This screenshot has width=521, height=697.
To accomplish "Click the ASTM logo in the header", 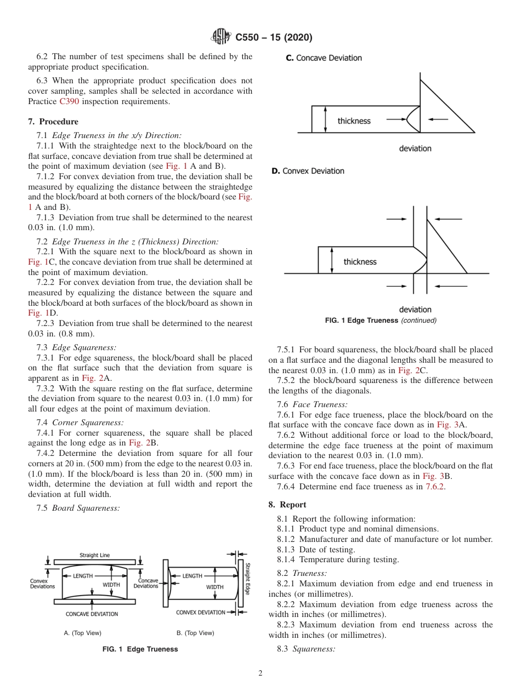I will click(222, 37).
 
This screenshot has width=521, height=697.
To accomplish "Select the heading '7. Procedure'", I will click(53, 122).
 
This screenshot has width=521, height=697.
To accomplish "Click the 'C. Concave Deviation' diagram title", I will click(324, 58).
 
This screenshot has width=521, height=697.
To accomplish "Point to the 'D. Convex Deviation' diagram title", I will click(308, 171).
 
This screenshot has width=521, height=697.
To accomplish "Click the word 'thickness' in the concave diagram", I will click(354, 121).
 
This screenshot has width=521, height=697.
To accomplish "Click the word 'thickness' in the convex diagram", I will click(360, 262).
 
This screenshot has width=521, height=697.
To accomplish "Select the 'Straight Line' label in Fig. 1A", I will click(94, 555).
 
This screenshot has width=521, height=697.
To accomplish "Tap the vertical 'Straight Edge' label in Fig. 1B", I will click(247, 579).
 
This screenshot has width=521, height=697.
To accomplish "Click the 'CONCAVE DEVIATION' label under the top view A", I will click(92, 614).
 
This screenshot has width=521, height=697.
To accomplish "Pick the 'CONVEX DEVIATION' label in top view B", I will click(201, 612).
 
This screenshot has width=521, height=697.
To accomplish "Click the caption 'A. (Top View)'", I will click(82, 633).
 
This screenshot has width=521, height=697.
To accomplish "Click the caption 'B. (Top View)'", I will click(195, 633).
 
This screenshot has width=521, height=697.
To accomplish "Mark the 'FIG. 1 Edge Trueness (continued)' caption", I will click(381, 321).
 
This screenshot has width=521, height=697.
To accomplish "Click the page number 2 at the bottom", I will click(260, 673).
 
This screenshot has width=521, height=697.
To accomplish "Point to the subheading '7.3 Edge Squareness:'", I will click(76, 347).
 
